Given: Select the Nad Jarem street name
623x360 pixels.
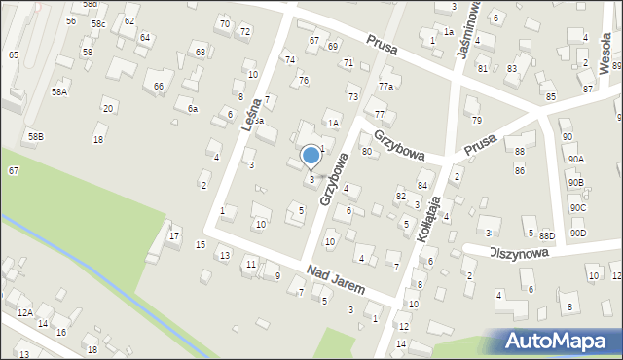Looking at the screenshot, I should click(x=335, y=278).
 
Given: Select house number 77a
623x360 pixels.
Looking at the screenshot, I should click(x=386, y=87).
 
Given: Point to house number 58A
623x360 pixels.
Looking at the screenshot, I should click(x=59, y=91).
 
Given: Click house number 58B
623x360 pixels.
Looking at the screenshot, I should click(x=35, y=137).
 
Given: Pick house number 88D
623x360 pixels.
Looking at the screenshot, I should click(x=547, y=234).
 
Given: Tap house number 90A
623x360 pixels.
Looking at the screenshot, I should click(x=576, y=159).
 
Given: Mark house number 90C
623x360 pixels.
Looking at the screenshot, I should click(x=578, y=208).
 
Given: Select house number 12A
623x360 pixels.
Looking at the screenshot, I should click(x=24, y=312).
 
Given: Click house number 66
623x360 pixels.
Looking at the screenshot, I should click(x=159, y=87).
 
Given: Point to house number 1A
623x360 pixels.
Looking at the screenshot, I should click(x=332, y=123).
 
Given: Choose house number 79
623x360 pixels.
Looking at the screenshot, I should click(x=477, y=120).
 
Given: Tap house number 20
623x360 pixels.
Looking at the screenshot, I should click(x=107, y=108).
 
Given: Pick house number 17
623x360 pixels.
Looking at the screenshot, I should click(x=174, y=235).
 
